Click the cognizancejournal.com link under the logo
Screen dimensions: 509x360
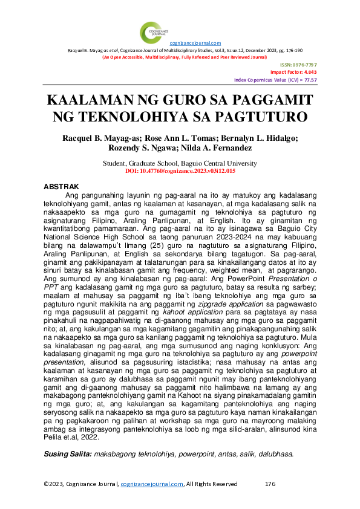point(195,43)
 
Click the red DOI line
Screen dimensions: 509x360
point(180,172)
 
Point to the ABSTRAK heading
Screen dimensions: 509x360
point(61,187)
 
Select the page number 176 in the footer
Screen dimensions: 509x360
point(270,484)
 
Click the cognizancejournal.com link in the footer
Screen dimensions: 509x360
point(151,484)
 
